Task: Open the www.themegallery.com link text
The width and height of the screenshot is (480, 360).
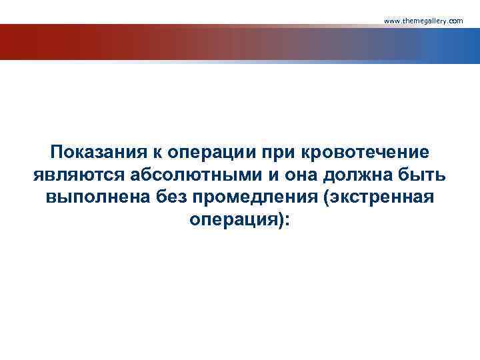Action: [423, 21]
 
